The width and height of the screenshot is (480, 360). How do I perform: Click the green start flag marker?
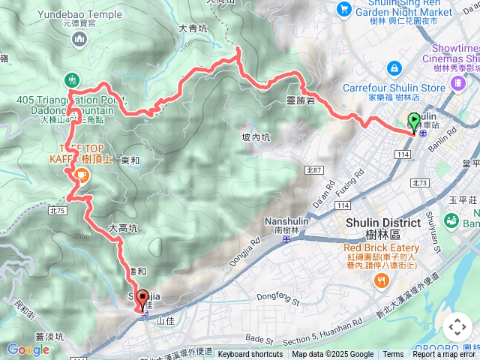414,121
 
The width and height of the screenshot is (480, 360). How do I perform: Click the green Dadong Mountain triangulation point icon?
72,79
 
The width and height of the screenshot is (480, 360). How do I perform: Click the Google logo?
28,349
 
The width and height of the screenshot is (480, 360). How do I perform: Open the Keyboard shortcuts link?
250,355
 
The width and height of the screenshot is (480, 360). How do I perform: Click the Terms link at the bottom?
393,355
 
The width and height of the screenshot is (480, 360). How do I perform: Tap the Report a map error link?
445,355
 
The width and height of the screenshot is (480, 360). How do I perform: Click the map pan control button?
457,327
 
